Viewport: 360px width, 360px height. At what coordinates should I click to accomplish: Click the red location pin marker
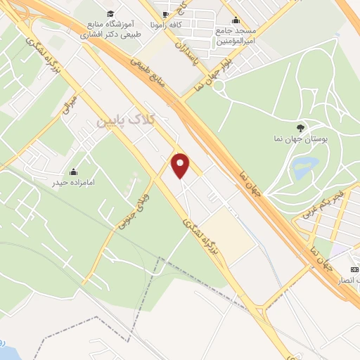pos(181,165)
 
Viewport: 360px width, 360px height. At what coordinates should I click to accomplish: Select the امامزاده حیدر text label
pos(73,183)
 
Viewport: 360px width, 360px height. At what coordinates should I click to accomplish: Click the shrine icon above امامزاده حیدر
pos(73,171)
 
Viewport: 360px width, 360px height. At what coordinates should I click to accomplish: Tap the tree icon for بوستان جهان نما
pos(301,127)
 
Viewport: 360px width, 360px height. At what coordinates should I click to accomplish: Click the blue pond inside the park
pos(304,168)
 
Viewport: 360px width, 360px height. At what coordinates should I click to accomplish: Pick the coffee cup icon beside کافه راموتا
pos(165,14)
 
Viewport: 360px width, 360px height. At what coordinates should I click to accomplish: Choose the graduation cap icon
pos(110,13)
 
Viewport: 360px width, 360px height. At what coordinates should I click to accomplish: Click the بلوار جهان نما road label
pos(240,69)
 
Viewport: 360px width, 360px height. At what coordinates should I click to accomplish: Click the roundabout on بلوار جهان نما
pos(219,85)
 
